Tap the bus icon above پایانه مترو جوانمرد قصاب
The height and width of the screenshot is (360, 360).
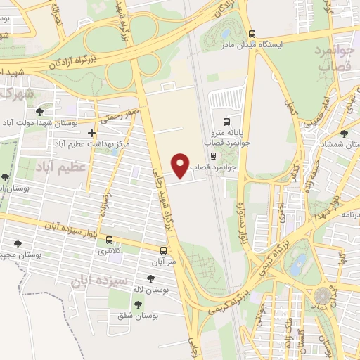click(x=226, y=121)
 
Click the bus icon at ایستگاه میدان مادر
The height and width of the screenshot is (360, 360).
click(x=252, y=33)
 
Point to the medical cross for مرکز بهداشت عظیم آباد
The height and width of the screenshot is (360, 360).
click(x=91, y=132)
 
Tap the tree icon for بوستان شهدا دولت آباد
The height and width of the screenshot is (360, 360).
click(x=39, y=111)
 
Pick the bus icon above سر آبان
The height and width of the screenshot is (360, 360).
click(x=163, y=250)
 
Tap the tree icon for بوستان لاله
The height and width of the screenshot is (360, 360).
click(x=150, y=278)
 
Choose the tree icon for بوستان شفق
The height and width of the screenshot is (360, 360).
click(x=136, y=304)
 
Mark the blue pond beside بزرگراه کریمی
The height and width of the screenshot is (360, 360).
click(x=300, y=263)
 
